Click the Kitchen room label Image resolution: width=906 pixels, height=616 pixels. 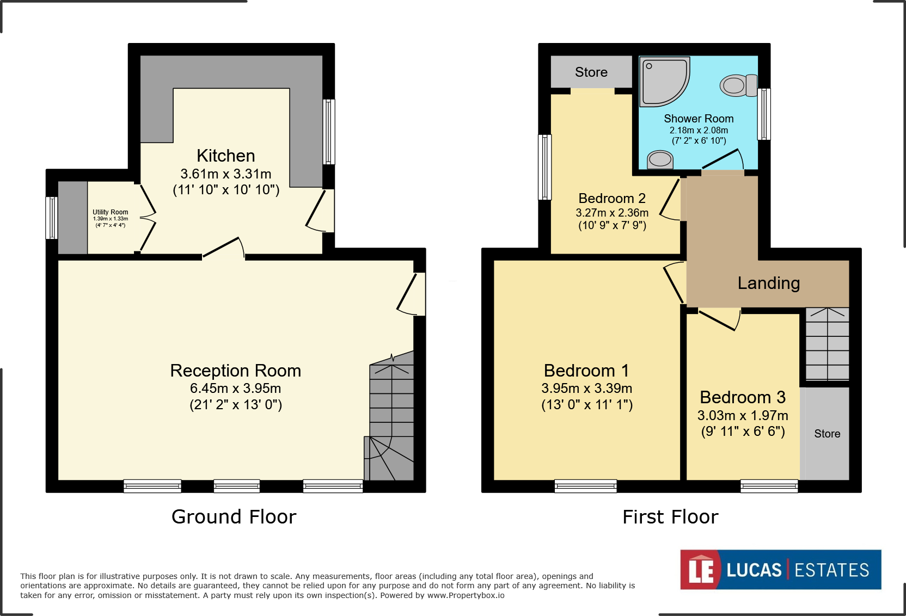click(226, 156)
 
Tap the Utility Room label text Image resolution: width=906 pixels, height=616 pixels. click(111, 212)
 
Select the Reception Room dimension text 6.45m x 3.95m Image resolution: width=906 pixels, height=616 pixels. click(235, 388)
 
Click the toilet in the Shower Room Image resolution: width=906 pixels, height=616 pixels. click(738, 85)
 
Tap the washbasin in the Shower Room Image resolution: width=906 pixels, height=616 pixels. click(660, 159)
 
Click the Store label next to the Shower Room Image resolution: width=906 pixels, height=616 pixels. click(591, 72)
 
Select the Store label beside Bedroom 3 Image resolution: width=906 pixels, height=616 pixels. click(827, 433)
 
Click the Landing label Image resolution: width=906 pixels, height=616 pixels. click(768, 283)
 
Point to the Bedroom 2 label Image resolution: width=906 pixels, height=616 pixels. click(612, 198)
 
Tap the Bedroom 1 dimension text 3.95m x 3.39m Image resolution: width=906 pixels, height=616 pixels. click(586, 388)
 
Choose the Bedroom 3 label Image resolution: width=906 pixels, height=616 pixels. click(743, 397)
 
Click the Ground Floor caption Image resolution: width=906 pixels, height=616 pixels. click(234, 516)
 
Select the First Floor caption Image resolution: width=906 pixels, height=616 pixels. click(670, 517)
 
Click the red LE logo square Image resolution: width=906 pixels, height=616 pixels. click(700, 570)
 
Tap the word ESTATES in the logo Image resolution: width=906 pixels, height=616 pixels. click(831, 570)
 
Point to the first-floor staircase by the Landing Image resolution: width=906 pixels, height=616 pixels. click(827, 344)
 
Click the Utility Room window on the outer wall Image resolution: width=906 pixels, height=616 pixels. click(51, 218)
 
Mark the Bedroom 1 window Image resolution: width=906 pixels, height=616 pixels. click(586, 486)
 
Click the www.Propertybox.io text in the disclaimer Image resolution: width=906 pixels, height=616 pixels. click(466, 595)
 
